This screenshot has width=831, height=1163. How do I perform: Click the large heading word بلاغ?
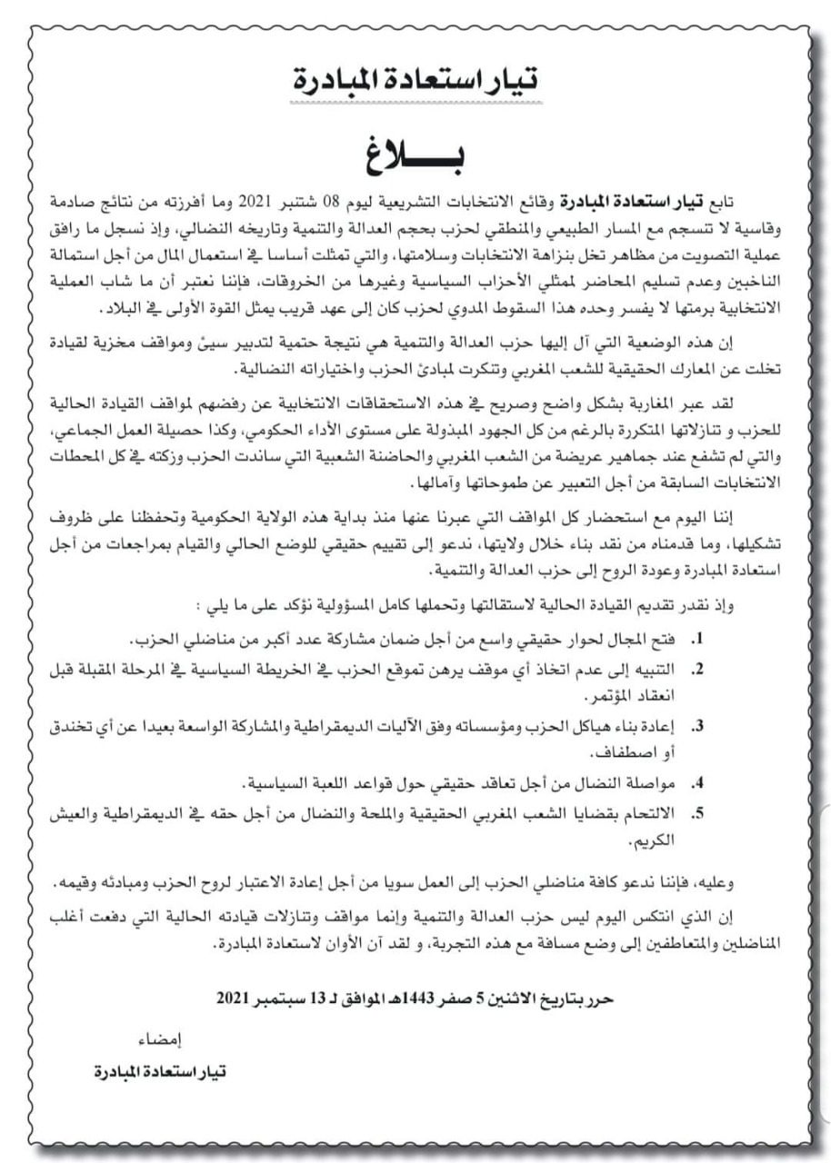[x=415, y=154]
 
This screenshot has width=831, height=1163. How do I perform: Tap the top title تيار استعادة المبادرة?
[x=416, y=81]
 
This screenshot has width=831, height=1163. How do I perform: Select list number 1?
[x=697, y=639]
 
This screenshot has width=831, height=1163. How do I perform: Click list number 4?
[x=697, y=782]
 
